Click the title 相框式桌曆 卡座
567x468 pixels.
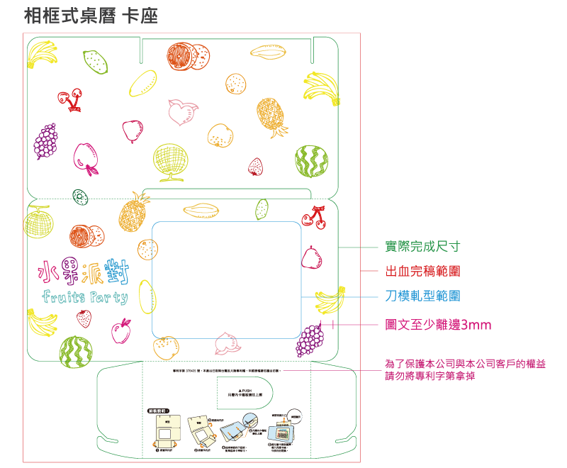coord(91,16)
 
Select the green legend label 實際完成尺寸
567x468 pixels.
coord(422,247)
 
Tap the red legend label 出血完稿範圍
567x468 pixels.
coord(422,271)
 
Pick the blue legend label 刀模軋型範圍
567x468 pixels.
coord(422,296)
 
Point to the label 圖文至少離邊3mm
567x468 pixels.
coord(437,325)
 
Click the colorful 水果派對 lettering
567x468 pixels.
coord(84,271)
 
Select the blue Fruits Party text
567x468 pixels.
coord(85,296)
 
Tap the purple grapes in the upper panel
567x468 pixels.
coord(46,140)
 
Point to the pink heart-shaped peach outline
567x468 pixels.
coord(182,112)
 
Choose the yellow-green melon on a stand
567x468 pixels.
coord(170,161)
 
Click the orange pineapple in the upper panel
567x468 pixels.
coord(271,117)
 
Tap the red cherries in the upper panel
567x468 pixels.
coord(70,99)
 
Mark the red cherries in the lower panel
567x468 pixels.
coord(315,216)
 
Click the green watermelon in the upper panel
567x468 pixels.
coord(311,162)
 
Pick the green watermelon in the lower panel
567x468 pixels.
coord(76,352)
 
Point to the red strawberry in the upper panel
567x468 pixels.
coord(256,167)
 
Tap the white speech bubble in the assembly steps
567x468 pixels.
coord(295,417)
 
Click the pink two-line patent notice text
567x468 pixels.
coord(465,370)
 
